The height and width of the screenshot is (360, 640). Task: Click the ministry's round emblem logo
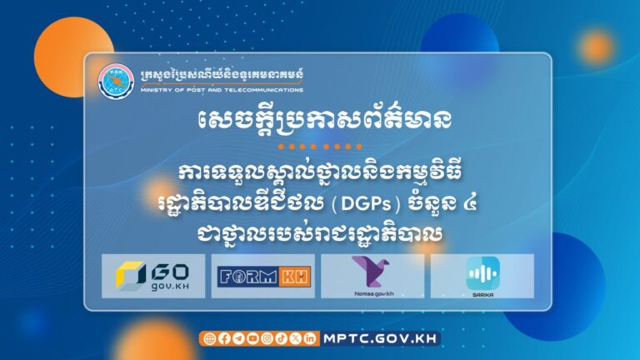[115, 79]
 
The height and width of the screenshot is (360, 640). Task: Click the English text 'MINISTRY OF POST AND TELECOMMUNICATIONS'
[222, 89]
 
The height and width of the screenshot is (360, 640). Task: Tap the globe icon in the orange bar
[208, 338]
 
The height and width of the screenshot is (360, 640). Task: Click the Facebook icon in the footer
[223, 338]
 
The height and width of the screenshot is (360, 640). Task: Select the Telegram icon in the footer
[237, 338]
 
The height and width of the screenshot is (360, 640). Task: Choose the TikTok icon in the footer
[281, 338]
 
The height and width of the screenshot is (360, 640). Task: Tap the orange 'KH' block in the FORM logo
[289, 276]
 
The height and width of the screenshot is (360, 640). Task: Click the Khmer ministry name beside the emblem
[222, 72]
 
